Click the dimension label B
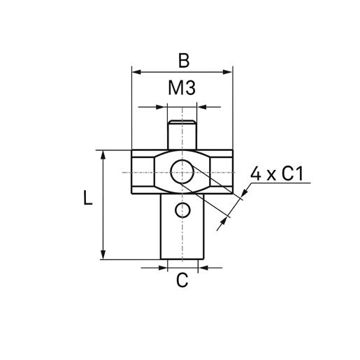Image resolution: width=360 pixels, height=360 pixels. click(183, 60)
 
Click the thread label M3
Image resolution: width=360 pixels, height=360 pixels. click(182, 89)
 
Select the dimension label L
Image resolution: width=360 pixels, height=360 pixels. click(87, 199)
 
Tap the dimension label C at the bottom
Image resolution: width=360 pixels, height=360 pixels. click(182, 280)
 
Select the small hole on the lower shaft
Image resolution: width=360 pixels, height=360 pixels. click(182, 210)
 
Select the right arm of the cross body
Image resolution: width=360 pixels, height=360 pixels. click(218, 171)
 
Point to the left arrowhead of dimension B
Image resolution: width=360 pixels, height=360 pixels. click(136, 71)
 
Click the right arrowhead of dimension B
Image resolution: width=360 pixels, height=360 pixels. click(228, 71)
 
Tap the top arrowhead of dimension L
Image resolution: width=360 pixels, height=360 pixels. click(103, 154)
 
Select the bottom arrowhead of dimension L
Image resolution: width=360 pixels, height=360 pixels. click(103, 255)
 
